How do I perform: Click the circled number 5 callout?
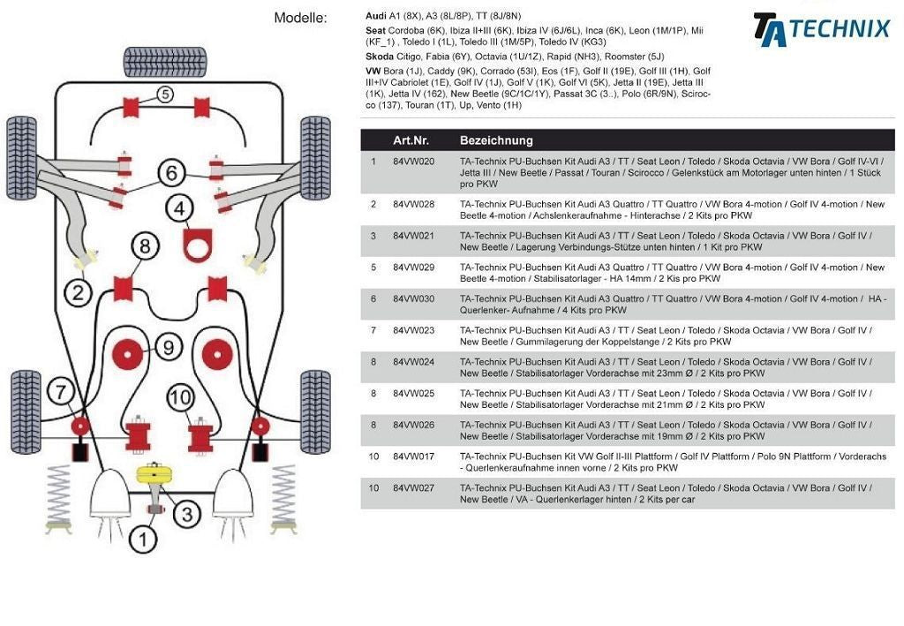(x=165, y=94)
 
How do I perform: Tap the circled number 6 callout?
(x=171, y=173)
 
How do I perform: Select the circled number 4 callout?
(x=180, y=209)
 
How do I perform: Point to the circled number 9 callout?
(x=169, y=346)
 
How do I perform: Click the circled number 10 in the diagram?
(x=180, y=398)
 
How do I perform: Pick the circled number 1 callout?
(x=143, y=538)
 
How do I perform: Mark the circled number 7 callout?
(x=60, y=391)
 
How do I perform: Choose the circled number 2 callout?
(x=78, y=291)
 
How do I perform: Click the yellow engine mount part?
(x=154, y=474)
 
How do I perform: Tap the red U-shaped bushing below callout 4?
(x=200, y=245)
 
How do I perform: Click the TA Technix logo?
(x=821, y=28)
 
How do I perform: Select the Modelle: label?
(x=300, y=18)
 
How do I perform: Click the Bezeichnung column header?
(x=496, y=140)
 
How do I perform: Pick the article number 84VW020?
(x=414, y=162)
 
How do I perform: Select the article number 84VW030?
(x=414, y=298)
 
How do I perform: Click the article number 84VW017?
(x=414, y=456)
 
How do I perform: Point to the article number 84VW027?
(x=414, y=487)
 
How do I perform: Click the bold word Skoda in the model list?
(x=380, y=56)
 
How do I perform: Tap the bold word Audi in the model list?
(x=376, y=16)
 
